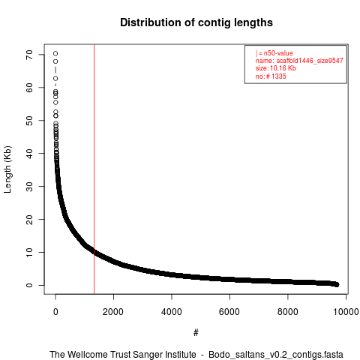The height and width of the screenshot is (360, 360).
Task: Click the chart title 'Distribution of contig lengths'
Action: (196, 22)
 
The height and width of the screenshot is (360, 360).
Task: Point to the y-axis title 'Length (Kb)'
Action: (7, 169)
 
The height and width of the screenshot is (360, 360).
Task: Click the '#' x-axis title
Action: (196, 332)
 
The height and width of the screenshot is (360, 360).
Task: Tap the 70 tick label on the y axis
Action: (29, 55)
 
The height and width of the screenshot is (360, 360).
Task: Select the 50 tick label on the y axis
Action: (29, 120)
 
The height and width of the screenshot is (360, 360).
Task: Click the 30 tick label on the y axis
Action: (29, 186)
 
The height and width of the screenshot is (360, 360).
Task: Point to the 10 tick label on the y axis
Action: (29, 252)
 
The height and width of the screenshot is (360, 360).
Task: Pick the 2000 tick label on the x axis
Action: (113, 312)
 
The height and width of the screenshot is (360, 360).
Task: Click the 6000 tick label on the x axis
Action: (229, 312)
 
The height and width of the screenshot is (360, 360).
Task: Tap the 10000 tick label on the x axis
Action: (346, 312)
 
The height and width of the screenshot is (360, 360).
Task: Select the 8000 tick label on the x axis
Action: (288, 312)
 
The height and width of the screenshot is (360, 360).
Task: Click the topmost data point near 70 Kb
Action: (55, 53)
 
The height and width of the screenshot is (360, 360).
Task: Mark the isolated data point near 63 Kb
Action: (55, 79)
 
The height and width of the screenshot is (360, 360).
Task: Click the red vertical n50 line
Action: (94, 169)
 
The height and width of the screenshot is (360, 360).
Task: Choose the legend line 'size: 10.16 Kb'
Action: (276, 68)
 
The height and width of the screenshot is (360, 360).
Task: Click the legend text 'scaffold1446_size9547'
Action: (310, 61)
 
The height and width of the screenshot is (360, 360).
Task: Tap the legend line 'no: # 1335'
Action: (271, 76)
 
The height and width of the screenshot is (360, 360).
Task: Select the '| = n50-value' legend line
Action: (274, 53)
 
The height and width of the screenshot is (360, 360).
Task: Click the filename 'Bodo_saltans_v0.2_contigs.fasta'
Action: (276, 355)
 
